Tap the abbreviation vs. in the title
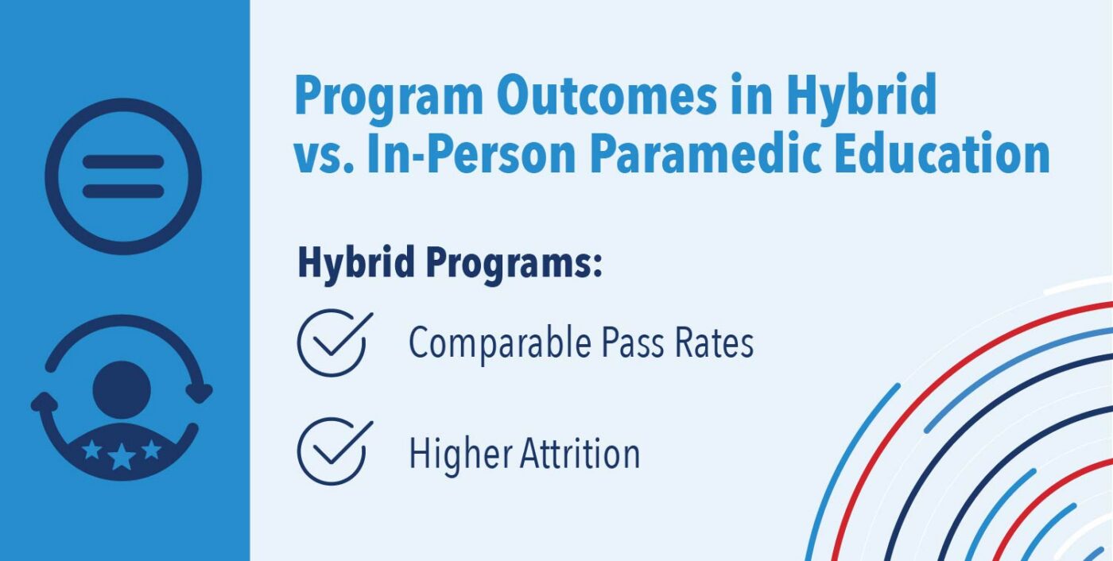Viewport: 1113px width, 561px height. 324,159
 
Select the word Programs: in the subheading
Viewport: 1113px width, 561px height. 514,264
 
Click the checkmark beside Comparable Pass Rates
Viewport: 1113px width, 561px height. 335,342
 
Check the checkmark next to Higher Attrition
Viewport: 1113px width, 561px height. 335,451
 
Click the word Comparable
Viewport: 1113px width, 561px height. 500,343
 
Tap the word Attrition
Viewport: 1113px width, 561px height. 580,453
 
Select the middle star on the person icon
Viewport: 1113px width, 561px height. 122,457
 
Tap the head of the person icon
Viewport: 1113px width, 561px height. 122,389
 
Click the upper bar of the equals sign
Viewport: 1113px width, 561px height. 123,162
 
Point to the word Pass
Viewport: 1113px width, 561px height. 633,342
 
